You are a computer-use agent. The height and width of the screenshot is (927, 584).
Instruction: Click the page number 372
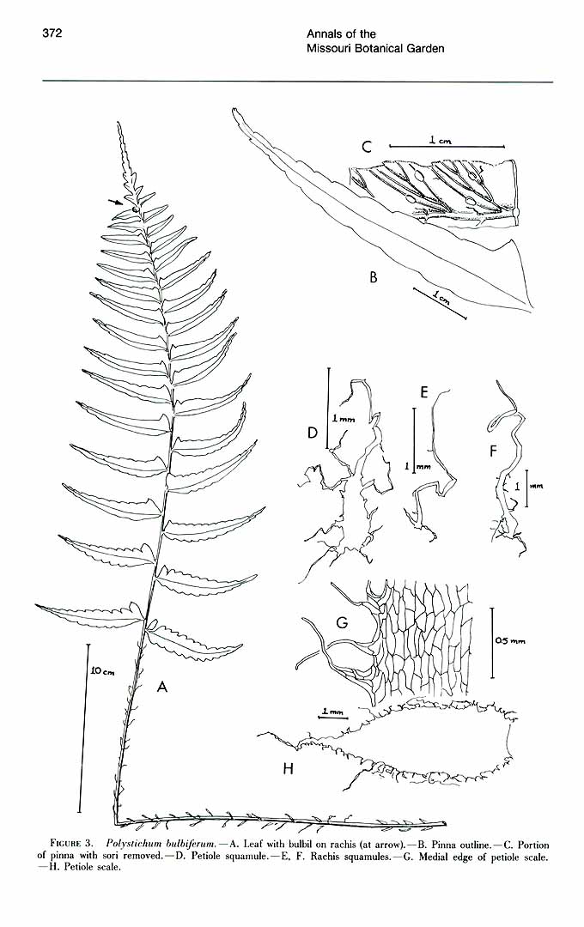point(52,33)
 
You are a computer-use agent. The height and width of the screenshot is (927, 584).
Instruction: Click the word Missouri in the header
point(325,48)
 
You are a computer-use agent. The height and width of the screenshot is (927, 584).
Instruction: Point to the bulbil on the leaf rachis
point(136,209)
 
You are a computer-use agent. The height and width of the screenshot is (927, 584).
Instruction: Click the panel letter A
point(162,687)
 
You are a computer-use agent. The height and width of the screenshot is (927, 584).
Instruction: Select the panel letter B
point(374,276)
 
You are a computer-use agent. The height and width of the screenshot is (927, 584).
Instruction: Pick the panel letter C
point(367,148)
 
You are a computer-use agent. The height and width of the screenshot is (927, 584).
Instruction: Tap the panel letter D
point(313,433)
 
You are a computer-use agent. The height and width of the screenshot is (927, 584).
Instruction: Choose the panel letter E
point(423,391)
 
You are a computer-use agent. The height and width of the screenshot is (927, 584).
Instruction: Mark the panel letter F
point(493,451)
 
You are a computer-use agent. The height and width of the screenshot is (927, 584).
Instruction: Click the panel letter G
point(342,622)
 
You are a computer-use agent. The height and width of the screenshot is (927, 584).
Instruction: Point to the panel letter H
point(289,768)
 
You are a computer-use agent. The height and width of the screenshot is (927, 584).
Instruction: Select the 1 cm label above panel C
point(441,140)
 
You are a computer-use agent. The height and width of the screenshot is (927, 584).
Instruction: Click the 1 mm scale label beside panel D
point(344,419)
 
